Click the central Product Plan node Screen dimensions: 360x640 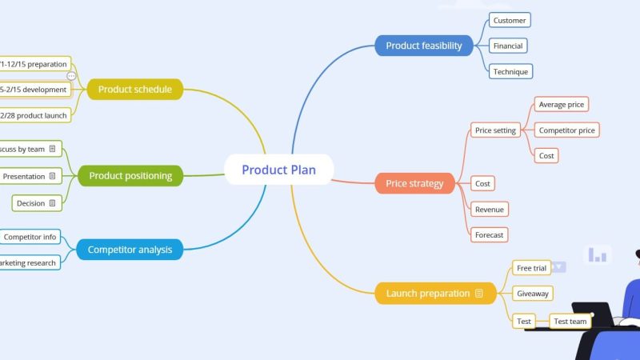click(278, 170)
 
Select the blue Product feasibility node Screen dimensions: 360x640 click(424, 46)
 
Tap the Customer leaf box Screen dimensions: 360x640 click(510, 20)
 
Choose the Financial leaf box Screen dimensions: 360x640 click(508, 46)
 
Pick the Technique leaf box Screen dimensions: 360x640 click(510, 71)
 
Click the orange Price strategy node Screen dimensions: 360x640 click(414, 183)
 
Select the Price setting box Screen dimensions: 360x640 click(495, 130)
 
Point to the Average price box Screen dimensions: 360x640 click(562, 105)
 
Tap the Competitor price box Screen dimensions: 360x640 click(566, 130)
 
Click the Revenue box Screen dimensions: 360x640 click(490, 209)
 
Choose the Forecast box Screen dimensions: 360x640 click(489, 234)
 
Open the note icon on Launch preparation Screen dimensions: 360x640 click(479, 294)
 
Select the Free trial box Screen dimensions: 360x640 click(532, 268)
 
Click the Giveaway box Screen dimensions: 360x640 click(533, 294)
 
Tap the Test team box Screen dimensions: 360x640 click(570, 322)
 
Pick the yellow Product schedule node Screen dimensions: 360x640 click(135, 90)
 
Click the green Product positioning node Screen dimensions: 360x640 click(130, 175)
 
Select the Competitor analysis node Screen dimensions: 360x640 click(130, 250)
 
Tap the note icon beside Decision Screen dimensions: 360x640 click(52, 203)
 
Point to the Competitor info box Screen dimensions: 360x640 click(30, 237)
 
